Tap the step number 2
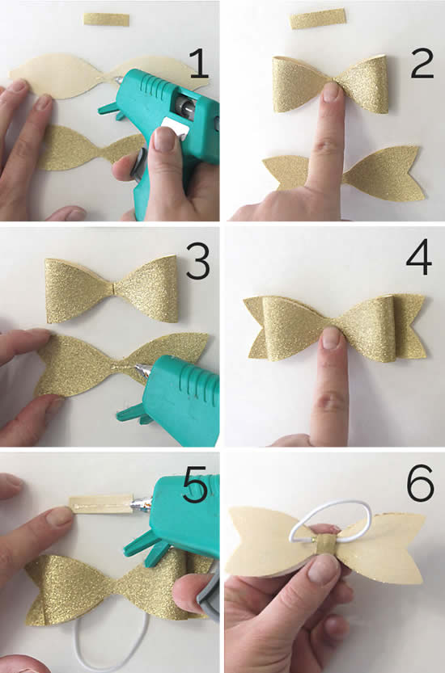click(x=421, y=62)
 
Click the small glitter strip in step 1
click(x=106, y=19)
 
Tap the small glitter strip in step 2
click(x=318, y=19)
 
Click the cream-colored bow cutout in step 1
click(x=65, y=76)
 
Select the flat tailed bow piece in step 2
click(x=380, y=174)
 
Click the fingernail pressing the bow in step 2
click(x=332, y=91)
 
